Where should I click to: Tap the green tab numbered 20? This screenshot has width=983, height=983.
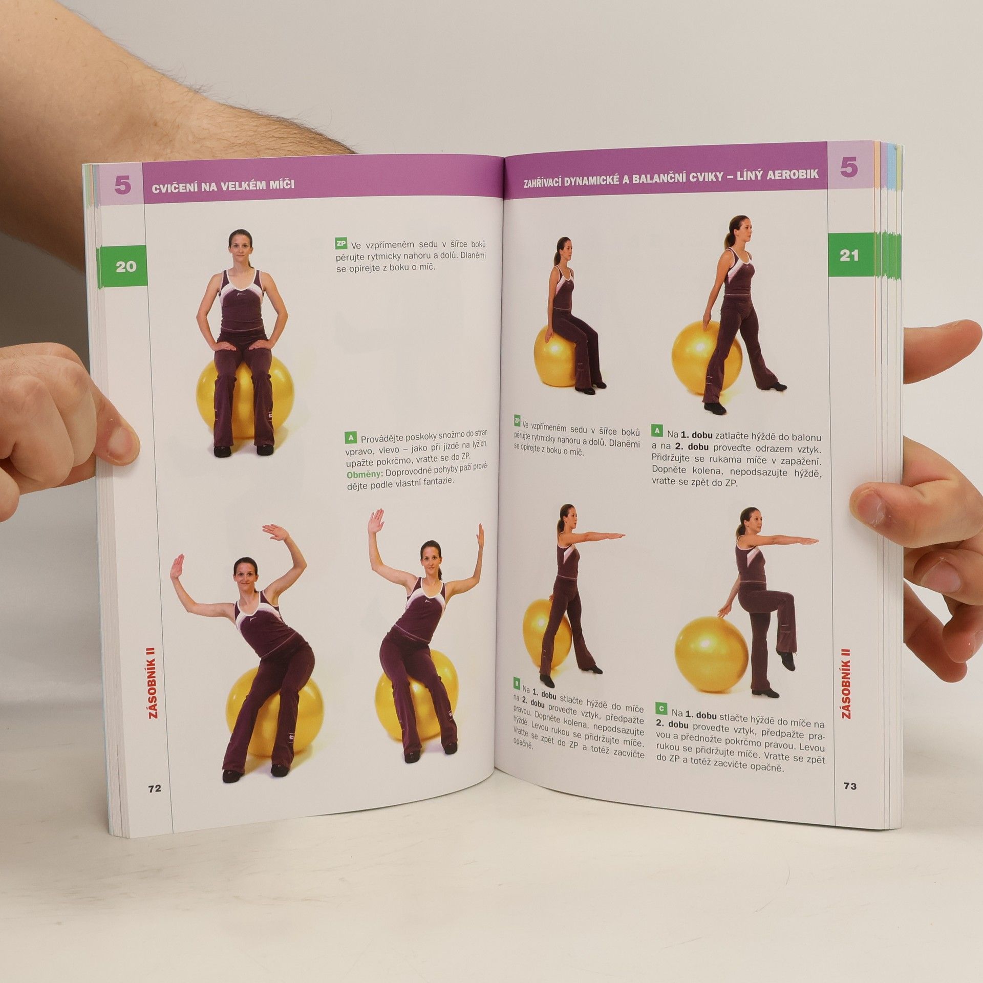[x=125, y=266]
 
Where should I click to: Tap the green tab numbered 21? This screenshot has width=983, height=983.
[x=849, y=255]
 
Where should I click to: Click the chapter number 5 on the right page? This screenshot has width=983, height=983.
[x=848, y=167]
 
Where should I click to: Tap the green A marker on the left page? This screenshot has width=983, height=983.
[x=351, y=438]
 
